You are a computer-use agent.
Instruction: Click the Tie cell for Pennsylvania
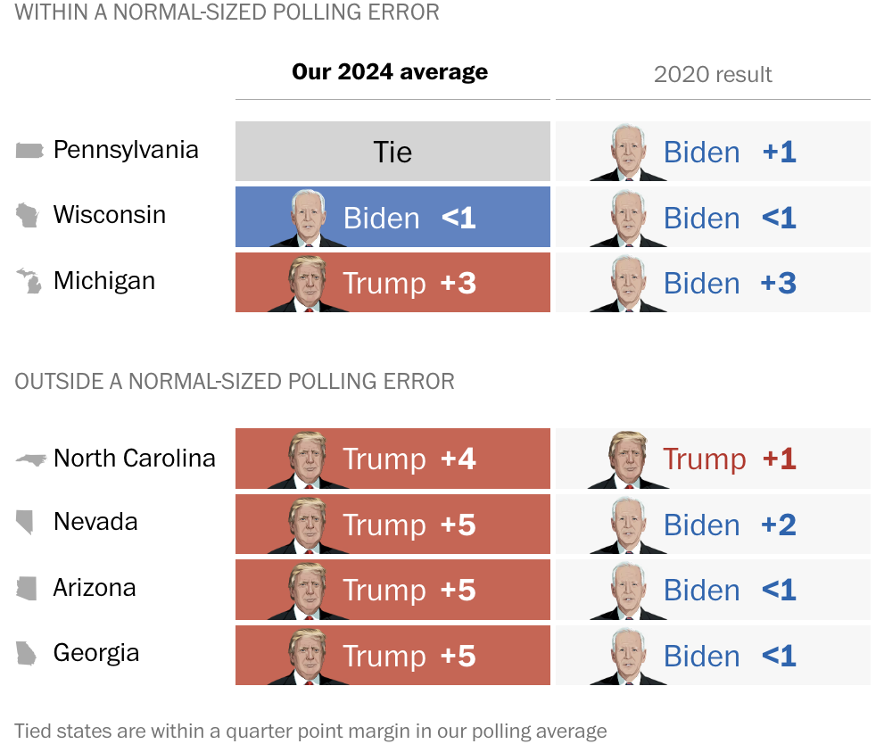(x=392, y=152)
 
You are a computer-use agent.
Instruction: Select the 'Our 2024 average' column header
(x=390, y=72)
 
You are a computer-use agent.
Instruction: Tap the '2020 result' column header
(x=713, y=75)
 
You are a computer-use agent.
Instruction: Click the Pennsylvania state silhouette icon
(x=29, y=150)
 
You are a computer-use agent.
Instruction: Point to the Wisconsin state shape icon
(x=28, y=215)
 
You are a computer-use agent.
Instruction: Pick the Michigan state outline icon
(x=29, y=281)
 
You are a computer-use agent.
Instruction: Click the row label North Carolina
(x=134, y=459)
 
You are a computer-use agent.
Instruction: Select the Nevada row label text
(x=95, y=521)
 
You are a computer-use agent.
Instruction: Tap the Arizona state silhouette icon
(x=28, y=588)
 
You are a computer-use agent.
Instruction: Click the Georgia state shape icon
(x=27, y=654)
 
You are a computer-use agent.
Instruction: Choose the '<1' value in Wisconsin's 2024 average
(x=459, y=218)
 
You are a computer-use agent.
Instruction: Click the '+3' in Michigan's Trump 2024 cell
(x=459, y=284)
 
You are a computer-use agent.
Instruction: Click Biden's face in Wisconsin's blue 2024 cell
(x=308, y=215)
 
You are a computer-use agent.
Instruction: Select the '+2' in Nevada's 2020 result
(x=779, y=525)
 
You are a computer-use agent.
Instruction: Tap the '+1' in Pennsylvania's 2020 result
(x=779, y=152)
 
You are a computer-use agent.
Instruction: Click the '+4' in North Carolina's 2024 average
(x=459, y=459)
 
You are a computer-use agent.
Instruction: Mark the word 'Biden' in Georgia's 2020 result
(x=701, y=657)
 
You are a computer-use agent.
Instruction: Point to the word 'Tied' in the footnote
(x=34, y=732)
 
